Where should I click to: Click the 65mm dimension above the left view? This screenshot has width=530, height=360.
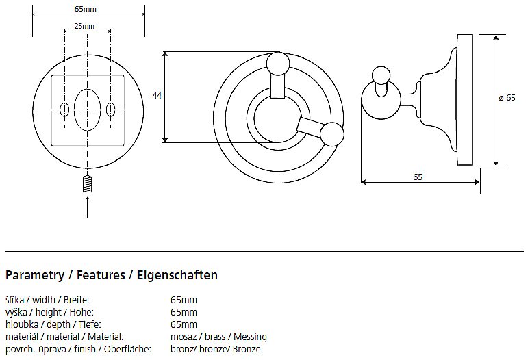point(88,9)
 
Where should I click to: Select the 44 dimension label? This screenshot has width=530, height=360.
point(157,96)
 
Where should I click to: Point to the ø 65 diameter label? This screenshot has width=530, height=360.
point(507,98)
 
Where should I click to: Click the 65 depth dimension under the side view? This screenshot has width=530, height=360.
point(418,177)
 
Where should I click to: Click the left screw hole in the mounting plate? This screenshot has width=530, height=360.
point(64,109)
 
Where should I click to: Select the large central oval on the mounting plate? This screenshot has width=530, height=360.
point(88,109)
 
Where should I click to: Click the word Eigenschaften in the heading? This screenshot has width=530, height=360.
point(178,276)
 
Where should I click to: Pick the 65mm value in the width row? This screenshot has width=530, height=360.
point(184,300)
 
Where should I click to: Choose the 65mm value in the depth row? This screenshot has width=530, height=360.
point(184,324)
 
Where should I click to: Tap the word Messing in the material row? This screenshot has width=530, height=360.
point(251,337)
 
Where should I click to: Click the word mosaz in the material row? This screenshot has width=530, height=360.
point(182,337)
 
